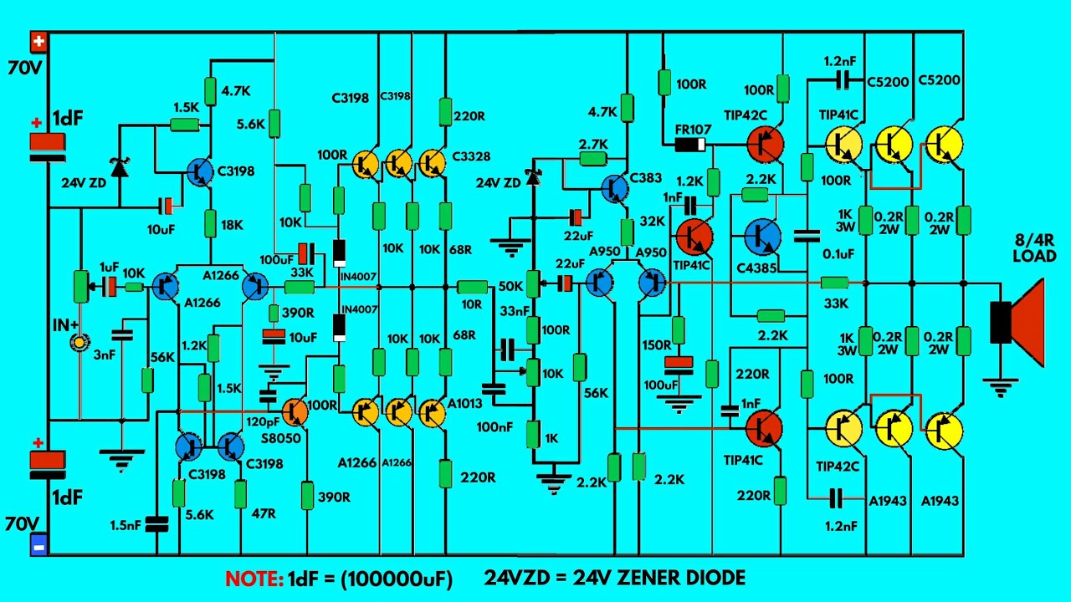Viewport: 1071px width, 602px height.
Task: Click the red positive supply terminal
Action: pyautogui.click(x=38, y=42)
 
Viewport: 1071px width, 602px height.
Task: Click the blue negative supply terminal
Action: pyautogui.click(x=38, y=545)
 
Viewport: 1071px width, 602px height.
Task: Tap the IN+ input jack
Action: pyautogui.click(x=79, y=342)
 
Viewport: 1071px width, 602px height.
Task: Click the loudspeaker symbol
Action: pyautogui.click(x=1017, y=323)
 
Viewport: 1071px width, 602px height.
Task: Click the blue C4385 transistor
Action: pyautogui.click(x=763, y=237)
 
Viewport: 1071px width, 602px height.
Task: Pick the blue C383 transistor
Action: pyautogui.click(x=615, y=188)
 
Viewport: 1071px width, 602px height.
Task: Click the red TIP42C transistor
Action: pyautogui.click(x=766, y=144)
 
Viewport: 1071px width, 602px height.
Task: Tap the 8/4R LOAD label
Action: pyautogui.click(x=1035, y=248)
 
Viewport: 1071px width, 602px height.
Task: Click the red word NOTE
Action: pyautogui.click(x=254, y=579)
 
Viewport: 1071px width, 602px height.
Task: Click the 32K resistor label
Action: pyautogui.click(x=653, y=222)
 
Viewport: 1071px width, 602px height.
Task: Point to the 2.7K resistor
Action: pyautogui.click(x=593, y=159)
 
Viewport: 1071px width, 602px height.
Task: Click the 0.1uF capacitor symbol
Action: pyautogui.click(x=807, y=236)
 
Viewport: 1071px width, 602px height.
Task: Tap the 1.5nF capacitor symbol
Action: pyautogui.click(x=156, y=524)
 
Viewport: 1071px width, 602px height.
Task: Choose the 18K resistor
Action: pyautogui.click(x=210, y=223)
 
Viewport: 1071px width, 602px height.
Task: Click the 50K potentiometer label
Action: pyautogui.click(x=510, y=286)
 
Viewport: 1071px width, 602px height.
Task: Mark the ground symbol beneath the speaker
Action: pyautogui.click(x=1000, y=387)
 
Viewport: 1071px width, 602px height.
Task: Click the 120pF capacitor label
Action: pyautogui.click(x=263, y=422)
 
